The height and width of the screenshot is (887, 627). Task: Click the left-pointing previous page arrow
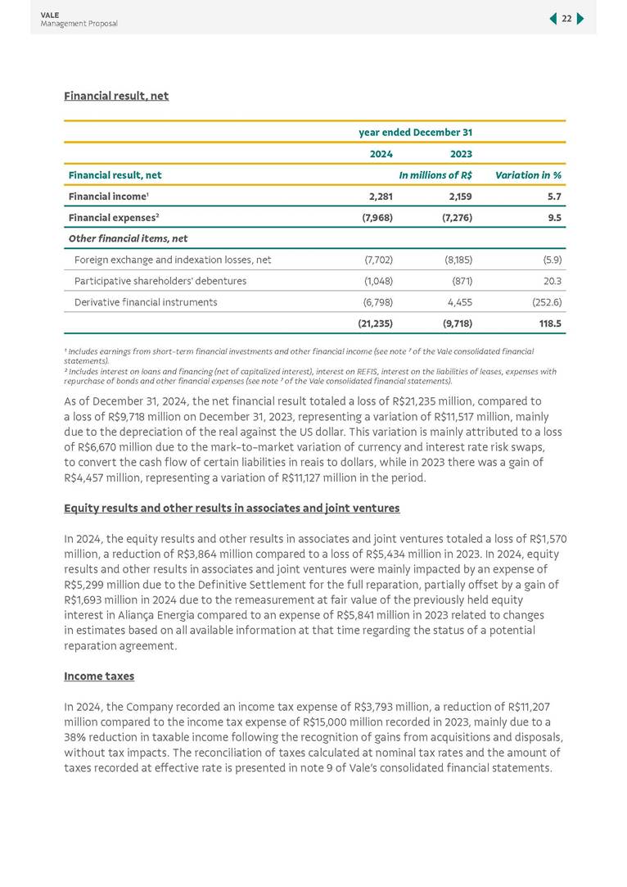pyautogui.click(x=553, y=19)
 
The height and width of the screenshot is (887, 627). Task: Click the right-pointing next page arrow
pyautogui.click(x=580, y=19)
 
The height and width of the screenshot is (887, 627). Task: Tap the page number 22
pyautogui.click(x=566, y=19)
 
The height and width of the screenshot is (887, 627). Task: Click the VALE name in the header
pyautogui.click(x=49, y=14)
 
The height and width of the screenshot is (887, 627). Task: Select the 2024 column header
pyautogui.click(x=381, y=153)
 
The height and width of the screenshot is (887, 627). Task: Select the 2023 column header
pyautogui.click(x=461, y=153)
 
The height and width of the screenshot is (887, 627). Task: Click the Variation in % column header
pyautogui.click(x=527, y=174)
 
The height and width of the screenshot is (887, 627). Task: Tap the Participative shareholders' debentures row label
pyautogui.click(x=160, y=281)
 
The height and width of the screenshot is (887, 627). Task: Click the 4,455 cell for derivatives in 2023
pyautogui.click(x=460, y=302)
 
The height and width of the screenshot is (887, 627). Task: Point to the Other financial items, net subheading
pyautogui.click(x=128, y=238)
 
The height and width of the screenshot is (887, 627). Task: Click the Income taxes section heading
pyautogui.click(x=99, y=677)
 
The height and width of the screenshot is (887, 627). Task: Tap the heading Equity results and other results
pyautogui.click(x=232, y=508)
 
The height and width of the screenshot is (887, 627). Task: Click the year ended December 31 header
pyautogui.click(x=415, y=132)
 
